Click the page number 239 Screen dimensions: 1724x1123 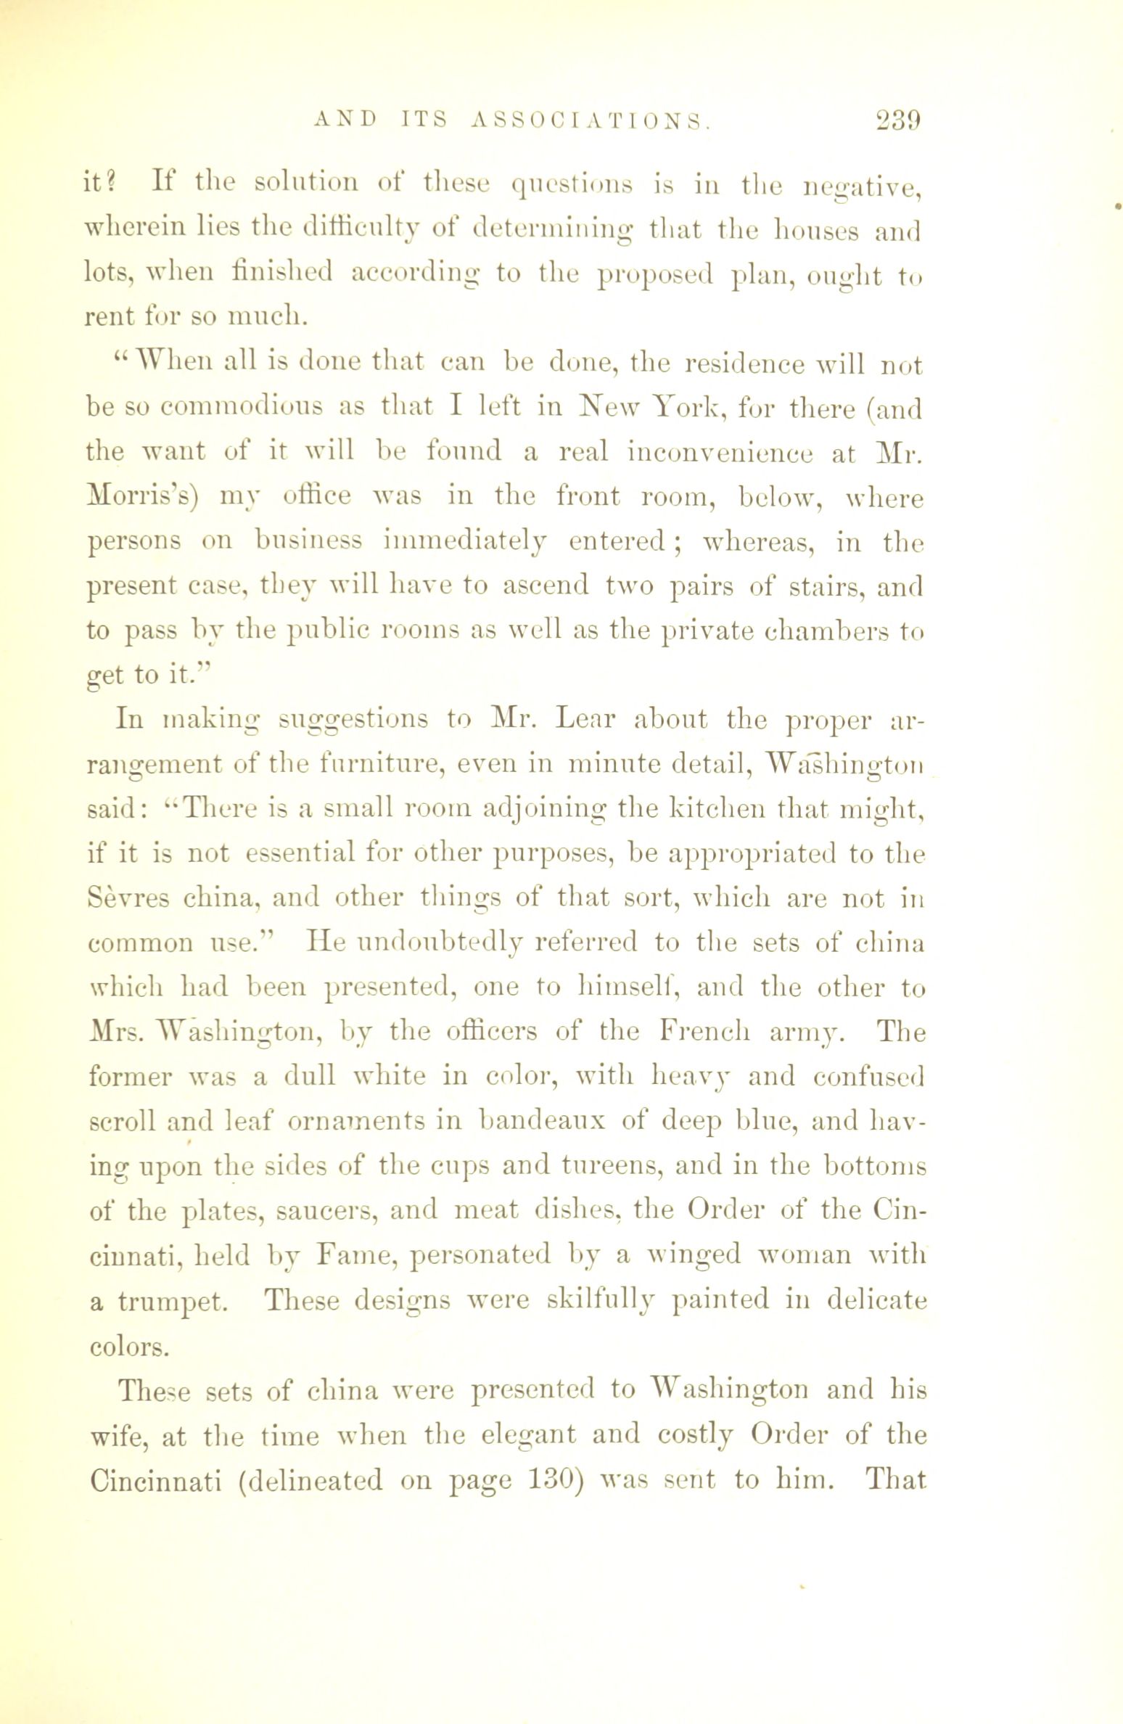coord(897,118)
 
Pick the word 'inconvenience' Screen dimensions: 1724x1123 coord(719,452)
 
